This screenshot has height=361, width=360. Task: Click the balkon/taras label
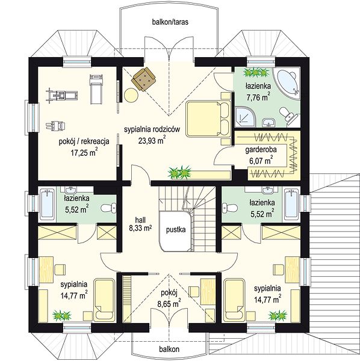pyautogui.click(x=170, y=22)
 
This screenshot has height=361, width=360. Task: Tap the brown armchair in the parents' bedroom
pyautogui.click(x=143, y=79)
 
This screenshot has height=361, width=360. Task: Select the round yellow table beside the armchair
pyautogui.click(x=131, y=94)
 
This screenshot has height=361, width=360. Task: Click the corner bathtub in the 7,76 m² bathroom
pyautogui.click(x=287, y=81)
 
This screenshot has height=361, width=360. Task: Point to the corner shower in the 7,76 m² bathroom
pyautogui.click(x=245, y=117)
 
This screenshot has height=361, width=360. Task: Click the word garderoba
pyautogui.click(x=261, y=150)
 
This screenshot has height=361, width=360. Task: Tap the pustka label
pyautogui.click(x=176, y=230)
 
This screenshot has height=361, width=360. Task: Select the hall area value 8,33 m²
pyautogui.click(x=140, y=228)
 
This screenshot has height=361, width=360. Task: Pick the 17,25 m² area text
pyautogui.click(x=84, y=152)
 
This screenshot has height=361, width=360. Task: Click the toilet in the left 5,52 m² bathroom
pyautogui.click(x=108, y=208)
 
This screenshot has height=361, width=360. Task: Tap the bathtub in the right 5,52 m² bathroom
pyautogui.click(x=291, y=205)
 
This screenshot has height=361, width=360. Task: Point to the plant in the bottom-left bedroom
pyautogui.click(x=62, y=316)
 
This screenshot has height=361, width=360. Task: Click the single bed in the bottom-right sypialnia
pyautogui.click(x=234, y=300)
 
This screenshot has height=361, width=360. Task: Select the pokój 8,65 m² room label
pyautogui.click(x=169, y=298)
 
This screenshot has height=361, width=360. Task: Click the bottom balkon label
pyautogui.click(x=169, y=349)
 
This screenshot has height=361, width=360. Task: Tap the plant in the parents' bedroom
pyautogui.click(x=179, y=173)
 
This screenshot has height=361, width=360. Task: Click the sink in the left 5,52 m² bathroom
pyautogui.click(x=70, y=190)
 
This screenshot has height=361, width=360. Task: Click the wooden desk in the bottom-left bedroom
pyautogui.click(x=46, y=270)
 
